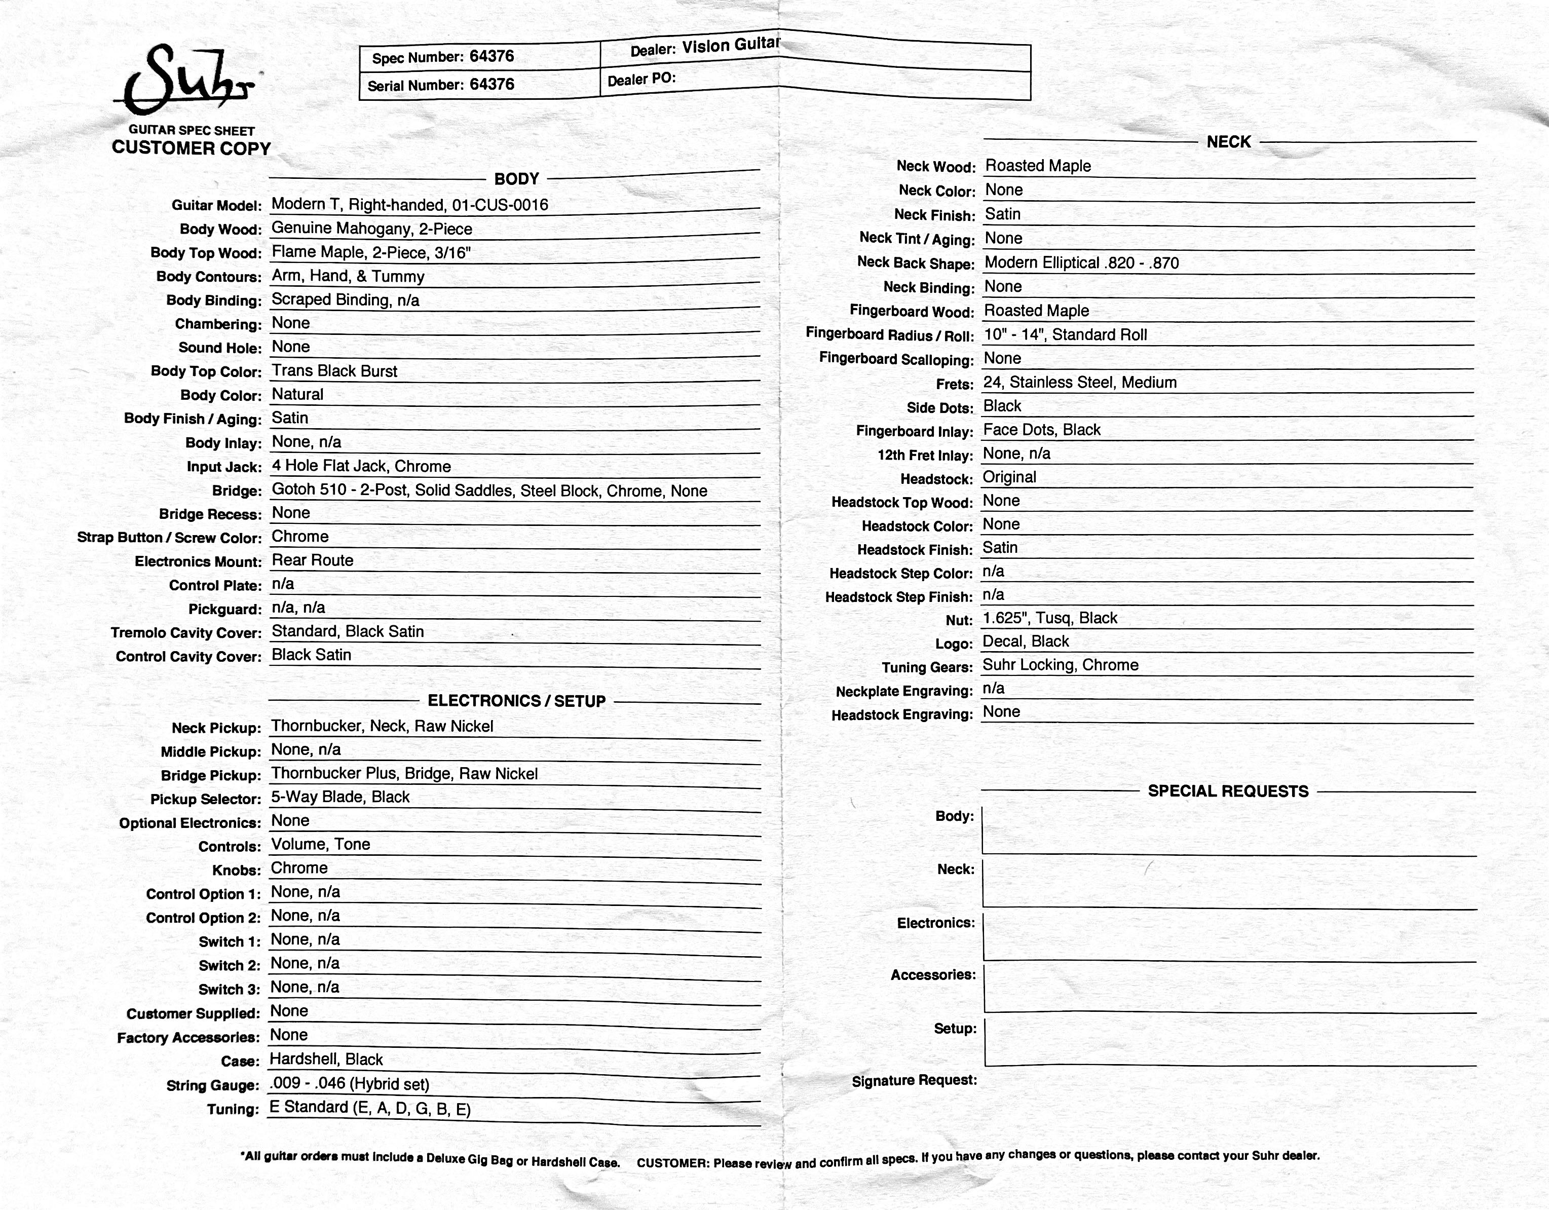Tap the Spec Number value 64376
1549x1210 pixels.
[492, 57]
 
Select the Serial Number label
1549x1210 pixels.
[415, 86]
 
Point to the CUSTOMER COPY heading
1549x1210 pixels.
[192, 148]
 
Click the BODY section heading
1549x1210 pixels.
[516, 179]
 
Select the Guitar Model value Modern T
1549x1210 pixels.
[409, 205]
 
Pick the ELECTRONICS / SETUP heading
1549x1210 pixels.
[516, 701]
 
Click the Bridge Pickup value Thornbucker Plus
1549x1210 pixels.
[404, 773]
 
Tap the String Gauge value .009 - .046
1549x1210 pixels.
[349, 1083]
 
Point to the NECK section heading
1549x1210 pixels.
[1228, 142]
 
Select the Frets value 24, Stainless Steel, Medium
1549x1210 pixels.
[1079, 382]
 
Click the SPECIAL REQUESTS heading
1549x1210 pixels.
[1228, 791]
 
